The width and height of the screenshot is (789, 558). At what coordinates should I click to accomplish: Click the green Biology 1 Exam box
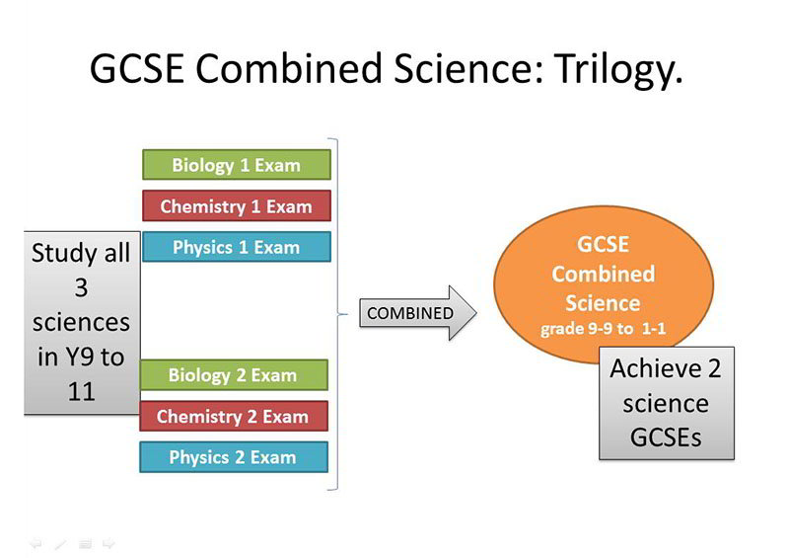(237, 165)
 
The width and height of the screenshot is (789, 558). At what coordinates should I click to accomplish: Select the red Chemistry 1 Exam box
(237, 205)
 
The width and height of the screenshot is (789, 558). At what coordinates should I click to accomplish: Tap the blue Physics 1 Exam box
(237, 247)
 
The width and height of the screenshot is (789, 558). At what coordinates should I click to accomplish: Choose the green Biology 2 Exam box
(234, 375)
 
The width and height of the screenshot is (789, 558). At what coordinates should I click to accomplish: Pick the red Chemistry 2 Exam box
(234, 417)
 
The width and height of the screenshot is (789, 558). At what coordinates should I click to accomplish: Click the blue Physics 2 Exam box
(234, 457)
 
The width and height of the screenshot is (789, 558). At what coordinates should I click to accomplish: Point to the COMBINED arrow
(417, 313)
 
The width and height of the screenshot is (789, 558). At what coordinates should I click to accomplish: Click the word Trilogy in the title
(618, 69)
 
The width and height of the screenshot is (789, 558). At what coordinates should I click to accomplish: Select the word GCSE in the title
(136, 68)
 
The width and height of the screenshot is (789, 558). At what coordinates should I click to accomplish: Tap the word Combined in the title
(289, 68)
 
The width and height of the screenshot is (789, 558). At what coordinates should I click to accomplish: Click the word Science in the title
(469, 68)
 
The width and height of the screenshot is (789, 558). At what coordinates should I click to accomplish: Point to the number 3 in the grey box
(81, 287)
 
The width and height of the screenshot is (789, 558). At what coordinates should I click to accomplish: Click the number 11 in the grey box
(81, 392)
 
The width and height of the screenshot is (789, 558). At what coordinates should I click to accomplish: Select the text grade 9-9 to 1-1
(603, 329)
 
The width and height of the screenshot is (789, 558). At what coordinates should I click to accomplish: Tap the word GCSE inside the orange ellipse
(603, 245)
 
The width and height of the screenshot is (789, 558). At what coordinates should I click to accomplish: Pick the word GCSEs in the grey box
(666, 438)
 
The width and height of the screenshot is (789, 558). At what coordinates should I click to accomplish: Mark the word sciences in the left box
(81, 323)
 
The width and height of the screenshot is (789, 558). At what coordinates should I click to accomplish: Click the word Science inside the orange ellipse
(603, 303)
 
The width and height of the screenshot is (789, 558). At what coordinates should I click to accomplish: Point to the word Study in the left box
(63, 254)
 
